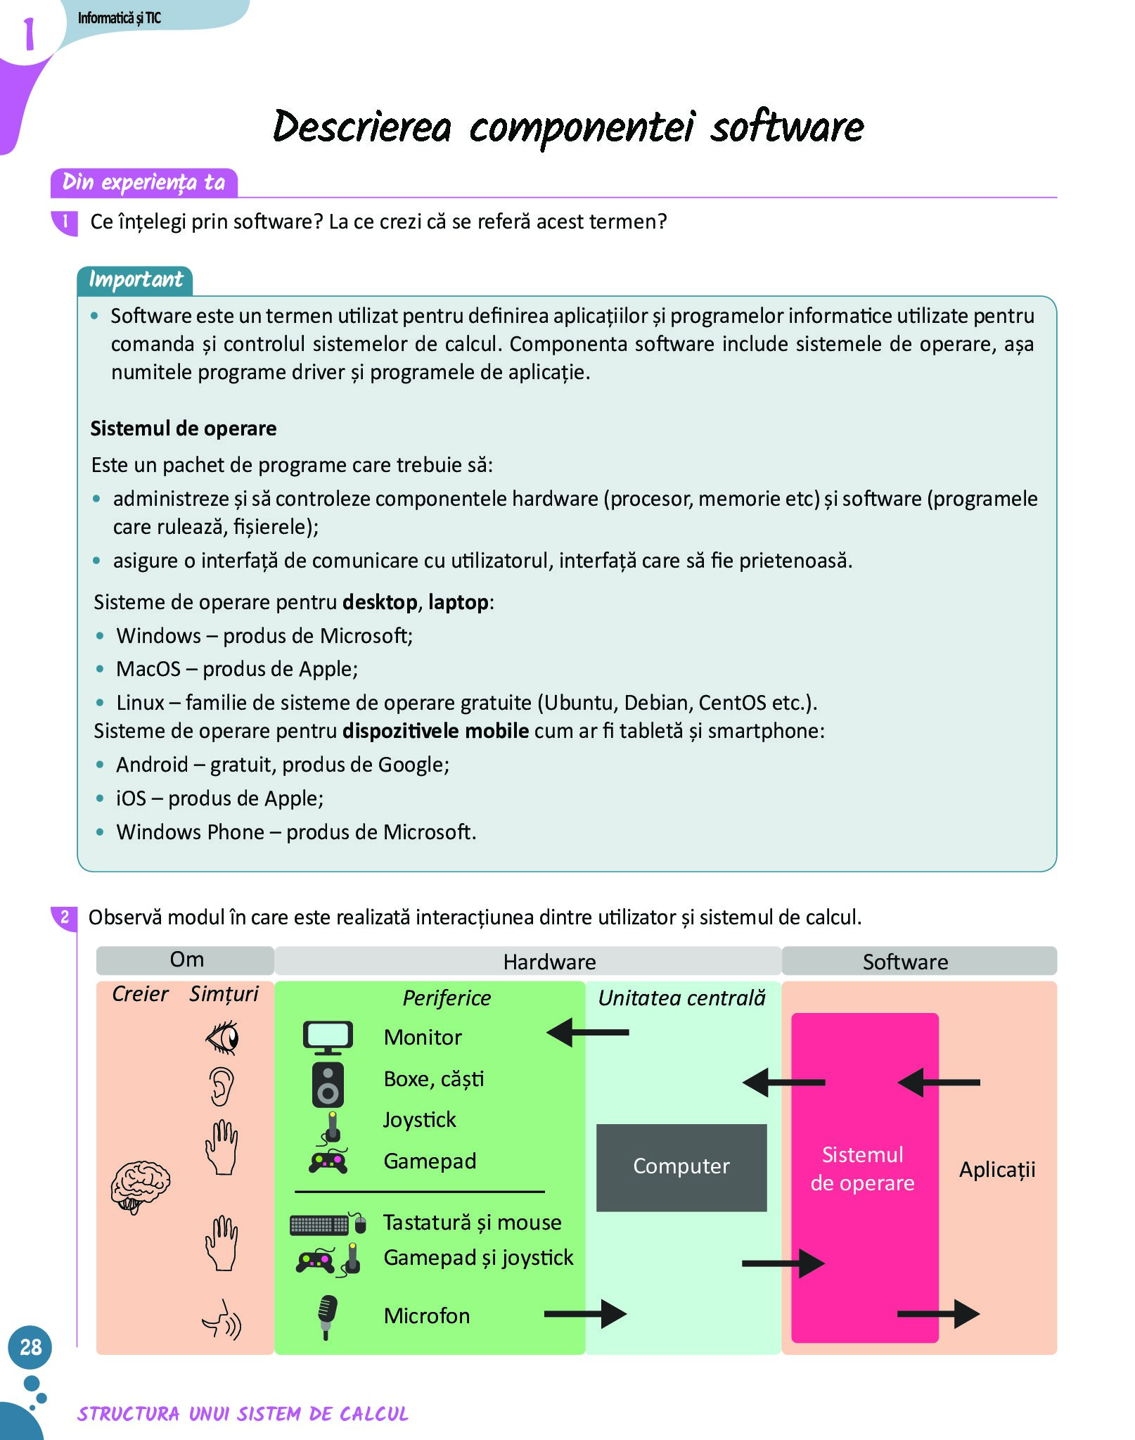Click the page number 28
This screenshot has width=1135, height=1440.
pyautogui.click(x=30, y=1346)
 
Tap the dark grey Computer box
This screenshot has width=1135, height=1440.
pyautogui.click(x=681, y=1166)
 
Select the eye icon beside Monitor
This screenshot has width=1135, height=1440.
pyautogui.click(x=223, y=1038)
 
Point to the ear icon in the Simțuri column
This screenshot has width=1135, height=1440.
pyautogui.click(x=222, y=1086)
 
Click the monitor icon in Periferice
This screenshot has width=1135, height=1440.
pyautogui.click(x=328, y=1037)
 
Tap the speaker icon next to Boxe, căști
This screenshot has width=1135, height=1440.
pyautogui.click(x=328, y=1084)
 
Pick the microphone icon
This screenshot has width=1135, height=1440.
pyautogui.click(x=327, y=1316)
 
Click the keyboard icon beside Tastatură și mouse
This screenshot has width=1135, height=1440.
pyautogui.click(x=319, y=1225)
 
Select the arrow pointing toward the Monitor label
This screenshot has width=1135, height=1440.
pyautogui.click(x=587, y=1033)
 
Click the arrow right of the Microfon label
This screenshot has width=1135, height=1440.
pyautogui.click(x=585, y=1313)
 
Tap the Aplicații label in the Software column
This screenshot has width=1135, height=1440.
pyautogui.click(x=996, y=1169)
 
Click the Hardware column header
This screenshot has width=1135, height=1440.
pyautogui.click(x=549, y=962)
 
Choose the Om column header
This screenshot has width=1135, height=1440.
pyautogui.click(x=186, y=960)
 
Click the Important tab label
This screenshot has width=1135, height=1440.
pyautogui.click(x=135, y=280)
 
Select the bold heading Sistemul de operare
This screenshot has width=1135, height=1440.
pyautogui.click(x=183, y=428)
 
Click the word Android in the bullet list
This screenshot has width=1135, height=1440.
pyautogui.click(x=152, y=765)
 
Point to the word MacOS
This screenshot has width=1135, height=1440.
pyautogui.click(x=148, y=669)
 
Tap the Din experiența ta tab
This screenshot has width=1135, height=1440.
pyautogui.click(x=143, y=182)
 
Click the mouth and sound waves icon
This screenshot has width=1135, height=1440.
pyautogui.click(x=222, y=1320)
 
